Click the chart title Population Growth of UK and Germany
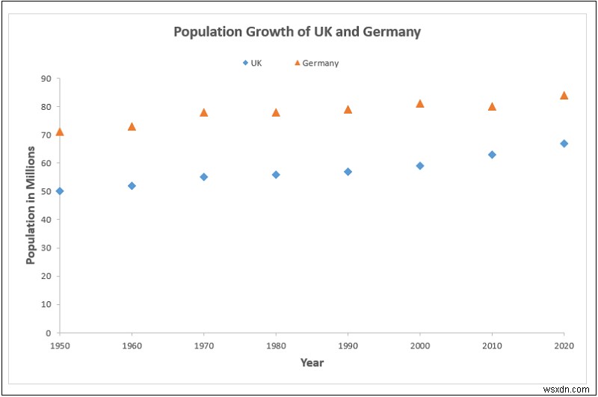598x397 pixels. (297, 32)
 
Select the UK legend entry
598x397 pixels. (252, 63)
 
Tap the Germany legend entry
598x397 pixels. (316, 63)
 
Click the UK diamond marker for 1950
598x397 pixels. (60, 191)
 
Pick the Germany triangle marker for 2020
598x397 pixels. (564, 95)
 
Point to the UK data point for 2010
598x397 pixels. (492, 155)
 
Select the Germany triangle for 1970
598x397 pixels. (203, 112)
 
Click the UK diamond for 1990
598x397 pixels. (348, 171)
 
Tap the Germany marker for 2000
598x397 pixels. (420, 103)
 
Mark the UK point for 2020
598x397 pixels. (564, 143)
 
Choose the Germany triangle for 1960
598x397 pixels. (132, 126)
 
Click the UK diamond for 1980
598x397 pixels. (276, 174)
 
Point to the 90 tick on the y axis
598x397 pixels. (46, 79)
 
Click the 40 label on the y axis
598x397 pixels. (46, 220)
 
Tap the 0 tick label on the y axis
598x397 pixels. (49, 333)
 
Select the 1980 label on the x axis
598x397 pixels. (276, 346)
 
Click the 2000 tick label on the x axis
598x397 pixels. (420, 346)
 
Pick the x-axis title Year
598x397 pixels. (312, 363)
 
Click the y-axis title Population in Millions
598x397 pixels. (31, 205)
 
